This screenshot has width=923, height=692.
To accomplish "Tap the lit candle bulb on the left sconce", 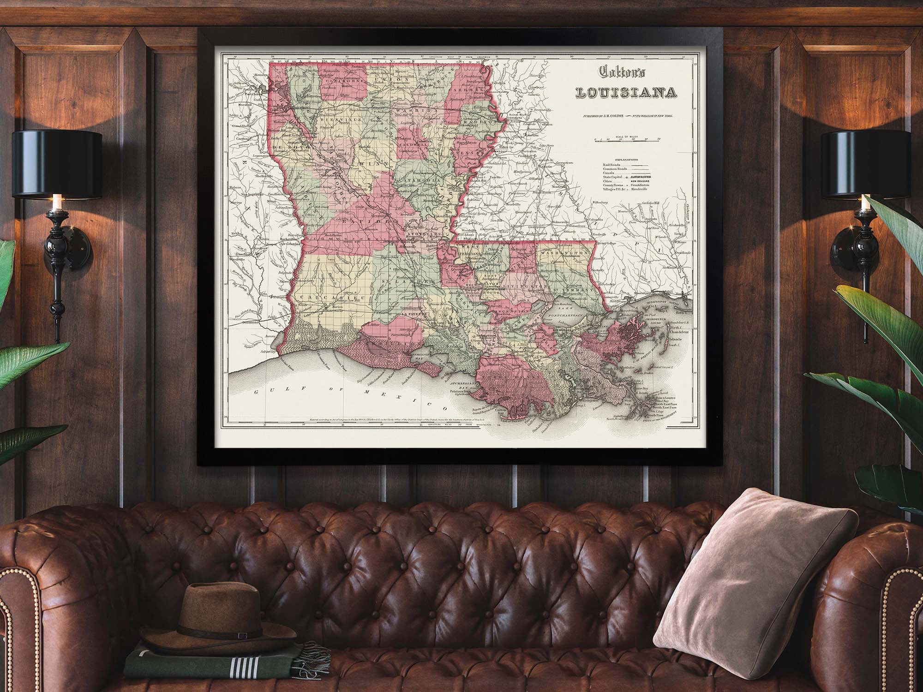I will [57, 202].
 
